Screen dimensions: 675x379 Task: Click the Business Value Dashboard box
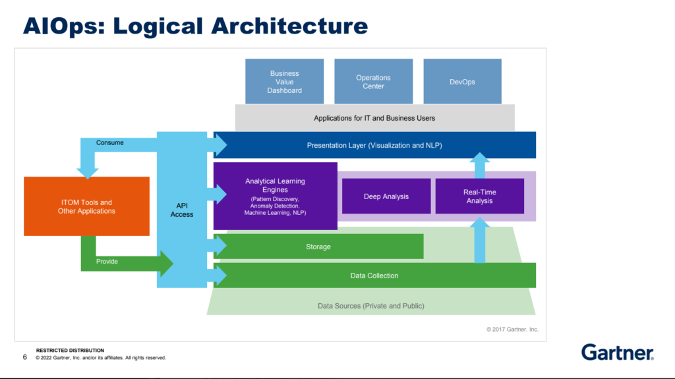tap(284, 81)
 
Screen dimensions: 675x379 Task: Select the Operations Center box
tap(373, 81)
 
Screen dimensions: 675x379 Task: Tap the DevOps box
tap(462, 81)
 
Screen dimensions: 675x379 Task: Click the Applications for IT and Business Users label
tap(374, 118)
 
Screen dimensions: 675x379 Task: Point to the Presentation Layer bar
tap(374, 145)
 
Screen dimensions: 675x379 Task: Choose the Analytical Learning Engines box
tap(275, 196)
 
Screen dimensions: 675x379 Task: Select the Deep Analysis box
tap(386, 196)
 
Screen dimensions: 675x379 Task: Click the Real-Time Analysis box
tap(480, 196)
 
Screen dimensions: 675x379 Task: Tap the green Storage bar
tap(318, 247)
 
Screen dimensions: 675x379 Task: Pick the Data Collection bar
tap(374, 276)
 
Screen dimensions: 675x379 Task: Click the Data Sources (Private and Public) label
tap(370, 306)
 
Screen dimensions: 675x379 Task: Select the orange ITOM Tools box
tap(86, 206)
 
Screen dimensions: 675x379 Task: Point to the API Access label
tap(182, 210)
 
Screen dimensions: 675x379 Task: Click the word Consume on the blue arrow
tap(110, 142)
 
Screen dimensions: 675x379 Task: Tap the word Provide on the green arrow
tap(107, 262)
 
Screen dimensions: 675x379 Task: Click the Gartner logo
tap(617, 352)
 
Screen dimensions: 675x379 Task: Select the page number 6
tap(25, 357)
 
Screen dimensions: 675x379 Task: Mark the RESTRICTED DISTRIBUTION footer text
tap(70, 351)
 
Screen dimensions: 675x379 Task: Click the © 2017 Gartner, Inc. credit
tap(512, 330)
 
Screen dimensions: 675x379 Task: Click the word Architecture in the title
tap(289, 26)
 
